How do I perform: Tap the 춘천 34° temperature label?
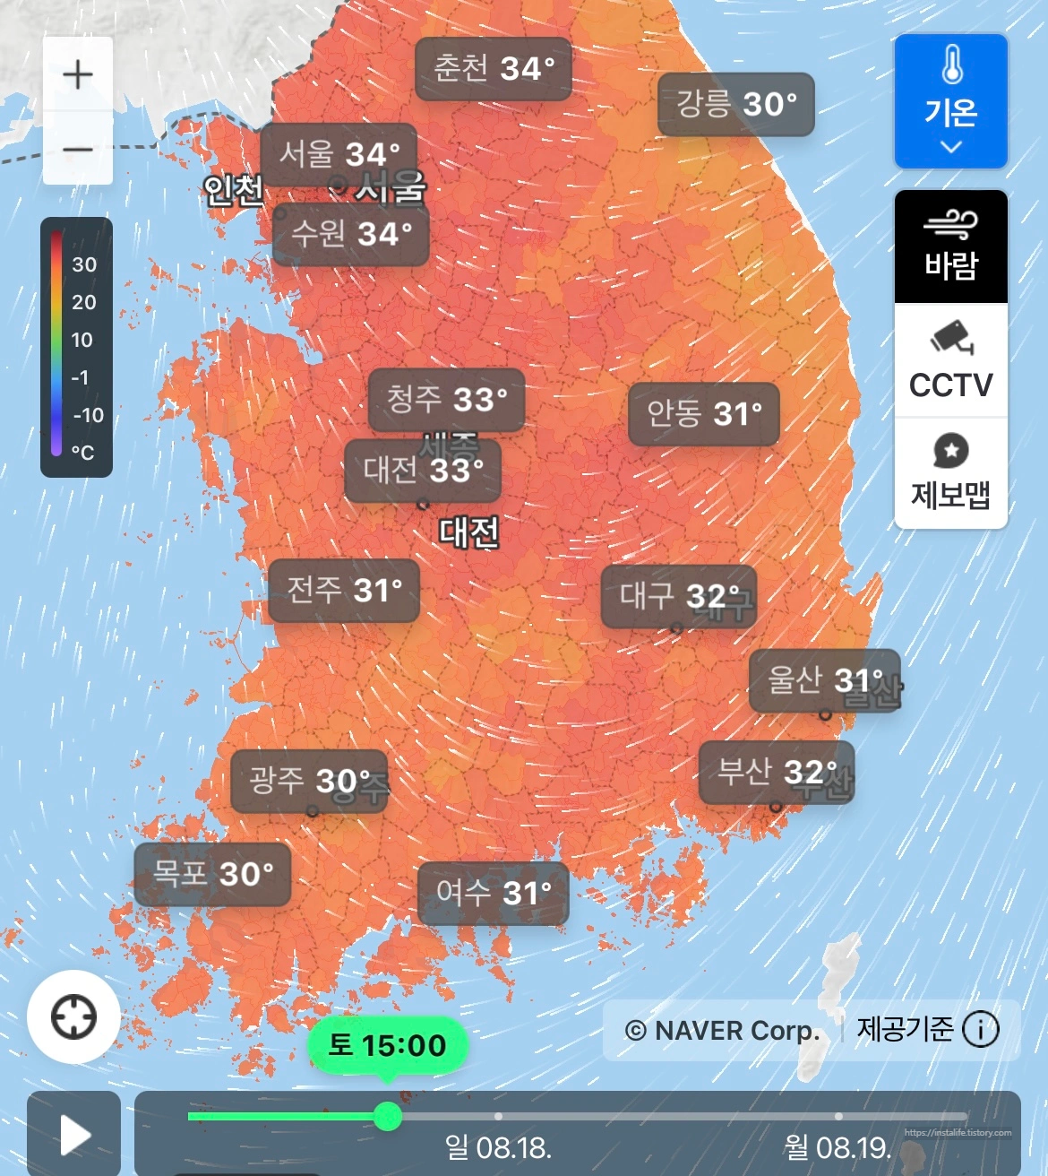click(494, 69)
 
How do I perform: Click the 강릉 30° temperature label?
click(735, 104)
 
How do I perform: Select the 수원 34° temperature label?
click(351, 234)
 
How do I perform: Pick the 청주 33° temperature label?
click(446, 399)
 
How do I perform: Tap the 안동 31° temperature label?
click(704, 414)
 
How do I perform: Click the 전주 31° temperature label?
click(344, 590)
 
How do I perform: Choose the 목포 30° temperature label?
click(212, 874)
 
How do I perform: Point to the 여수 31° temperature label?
click(494, 893)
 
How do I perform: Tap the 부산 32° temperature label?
click(776, 772)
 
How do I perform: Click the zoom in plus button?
click(78, 74)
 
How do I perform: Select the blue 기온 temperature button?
click(950, 101)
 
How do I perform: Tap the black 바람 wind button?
click(950, 246)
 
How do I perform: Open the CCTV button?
click(950, 360)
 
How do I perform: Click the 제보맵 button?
click(950, 473)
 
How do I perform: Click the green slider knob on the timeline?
click(387, 1116)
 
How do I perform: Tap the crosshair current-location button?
click(73, 1017)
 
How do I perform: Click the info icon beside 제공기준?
click(980, 1030)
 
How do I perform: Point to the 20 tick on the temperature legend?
click(83, 302)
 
